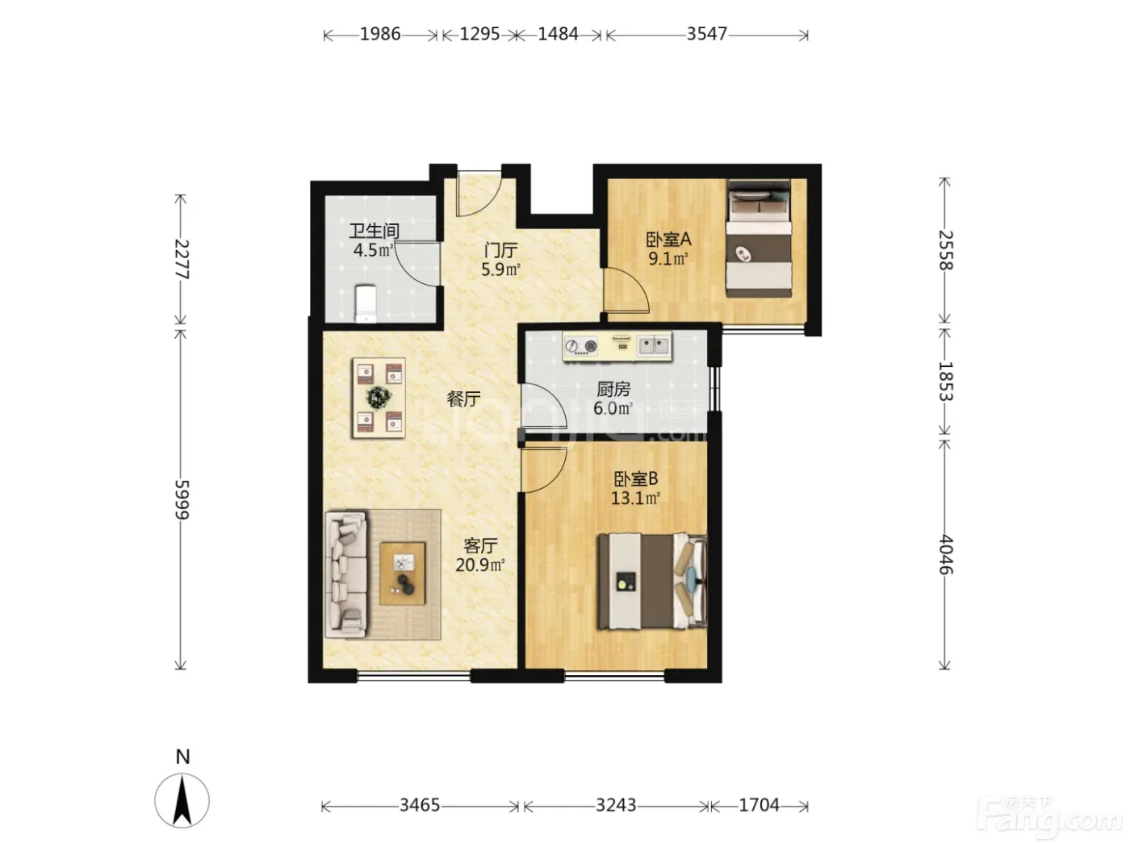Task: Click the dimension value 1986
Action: pos(380,34)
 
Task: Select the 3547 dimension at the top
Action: pos(706,34)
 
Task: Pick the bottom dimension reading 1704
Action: pos(759,805)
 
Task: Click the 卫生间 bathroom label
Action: pos(374,232)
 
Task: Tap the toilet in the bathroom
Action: pos(365,303)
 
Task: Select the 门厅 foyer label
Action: pos(500,250)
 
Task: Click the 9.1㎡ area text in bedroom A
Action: pos(668,258)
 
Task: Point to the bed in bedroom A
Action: pos(759,238)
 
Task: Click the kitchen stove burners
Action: pos(581,346)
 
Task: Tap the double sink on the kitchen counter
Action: pos(654,344)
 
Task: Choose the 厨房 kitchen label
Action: pos(613,390)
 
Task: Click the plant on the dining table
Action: pos(379,397)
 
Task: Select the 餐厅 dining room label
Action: pos(463,398)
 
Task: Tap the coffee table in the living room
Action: pos(403,574)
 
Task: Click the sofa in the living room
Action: pos(346,574)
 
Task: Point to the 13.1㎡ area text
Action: pos(635,498)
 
